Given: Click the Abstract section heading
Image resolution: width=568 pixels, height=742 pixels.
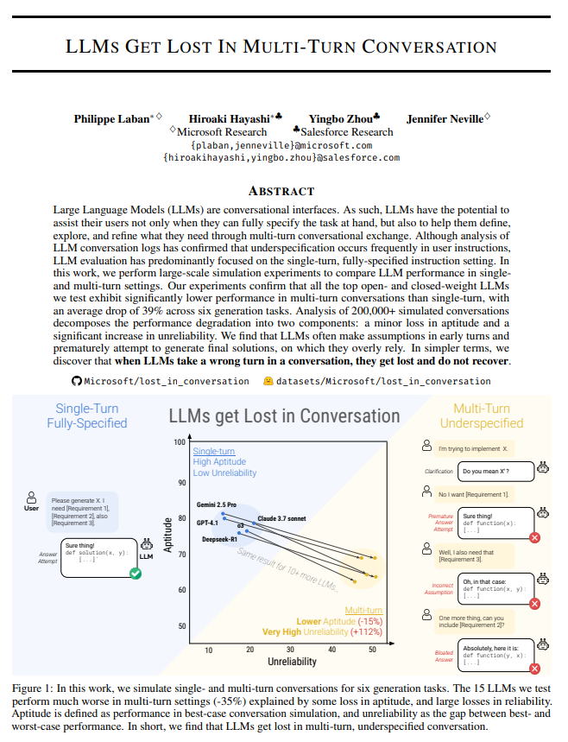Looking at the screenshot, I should tap(281, 191).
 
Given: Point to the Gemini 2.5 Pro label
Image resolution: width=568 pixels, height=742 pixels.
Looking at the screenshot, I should tap(217, 504).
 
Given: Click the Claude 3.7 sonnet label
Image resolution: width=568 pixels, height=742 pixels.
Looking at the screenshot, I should tap(282, 518).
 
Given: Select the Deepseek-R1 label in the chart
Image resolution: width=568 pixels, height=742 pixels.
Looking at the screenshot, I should tap(220, 539).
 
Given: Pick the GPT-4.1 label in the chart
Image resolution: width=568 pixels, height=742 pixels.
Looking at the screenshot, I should tap(208, 523).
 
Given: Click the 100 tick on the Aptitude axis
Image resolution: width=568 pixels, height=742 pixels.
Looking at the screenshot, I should tap(180, 442).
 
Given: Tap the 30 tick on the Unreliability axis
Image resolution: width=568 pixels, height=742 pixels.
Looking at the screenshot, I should tap(290, 649).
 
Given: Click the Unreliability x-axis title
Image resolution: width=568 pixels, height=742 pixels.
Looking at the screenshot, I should tap(292, 662).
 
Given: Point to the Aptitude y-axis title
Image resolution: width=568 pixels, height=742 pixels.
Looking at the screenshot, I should tap(168, 535).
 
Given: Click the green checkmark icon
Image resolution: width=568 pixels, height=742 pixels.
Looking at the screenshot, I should tap(136, 573).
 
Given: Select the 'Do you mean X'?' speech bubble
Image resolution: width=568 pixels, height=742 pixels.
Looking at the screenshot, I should tap(485, 472).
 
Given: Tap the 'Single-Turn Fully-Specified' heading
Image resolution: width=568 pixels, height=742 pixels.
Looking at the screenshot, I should tap(87, 415).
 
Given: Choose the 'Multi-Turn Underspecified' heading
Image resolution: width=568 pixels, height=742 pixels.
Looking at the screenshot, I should tap(482, 415).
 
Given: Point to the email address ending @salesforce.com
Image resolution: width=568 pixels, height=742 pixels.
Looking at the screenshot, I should tap(281, 158).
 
